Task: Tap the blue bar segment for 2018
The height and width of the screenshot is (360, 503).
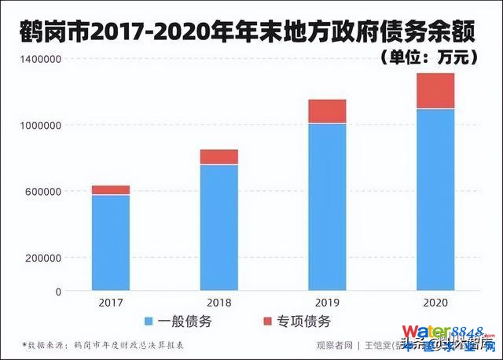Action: click(x=218, y=227)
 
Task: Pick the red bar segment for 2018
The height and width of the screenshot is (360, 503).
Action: click(x=218, y=156)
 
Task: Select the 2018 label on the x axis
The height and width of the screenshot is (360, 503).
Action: click(x=218, y=302)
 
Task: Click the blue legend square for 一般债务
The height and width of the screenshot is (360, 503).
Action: click(x=149, y=321)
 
